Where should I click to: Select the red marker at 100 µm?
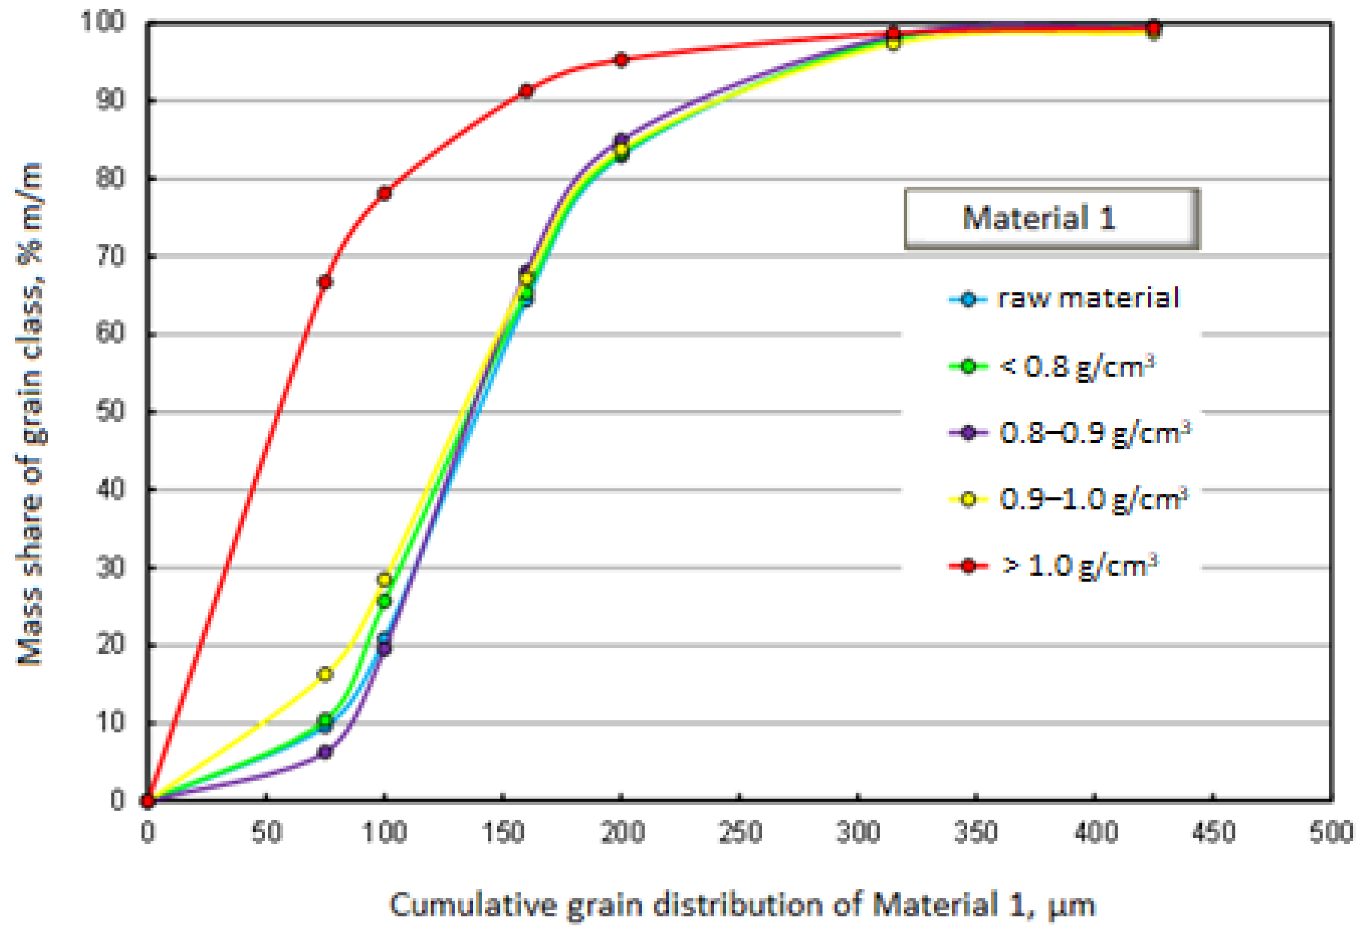[x=384, y=193]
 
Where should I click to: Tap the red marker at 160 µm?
[x=526, y=92]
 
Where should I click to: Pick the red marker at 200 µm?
[x=621, y=60]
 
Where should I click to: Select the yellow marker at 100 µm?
[x=384, y=580]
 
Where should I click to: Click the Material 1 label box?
[x=1052, y=218]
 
